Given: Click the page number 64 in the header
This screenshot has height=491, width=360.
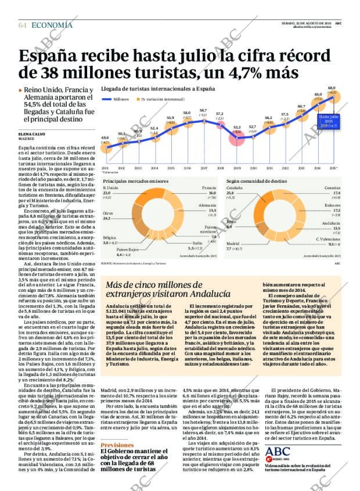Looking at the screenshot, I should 23,26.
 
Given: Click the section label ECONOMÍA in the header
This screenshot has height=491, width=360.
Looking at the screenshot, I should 52,25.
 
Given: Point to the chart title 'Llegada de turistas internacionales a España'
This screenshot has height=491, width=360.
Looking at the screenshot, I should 158,89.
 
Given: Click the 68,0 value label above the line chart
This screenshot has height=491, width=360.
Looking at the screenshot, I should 332,88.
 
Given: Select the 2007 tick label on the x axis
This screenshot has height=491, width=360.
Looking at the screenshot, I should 204,168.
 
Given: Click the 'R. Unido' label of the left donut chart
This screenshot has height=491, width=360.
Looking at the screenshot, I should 110,188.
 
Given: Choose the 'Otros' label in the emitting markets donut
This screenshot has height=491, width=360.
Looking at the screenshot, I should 107,214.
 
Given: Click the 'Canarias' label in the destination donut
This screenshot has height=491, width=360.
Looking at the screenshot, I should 333,188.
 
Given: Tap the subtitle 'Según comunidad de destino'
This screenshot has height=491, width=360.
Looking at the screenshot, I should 251,181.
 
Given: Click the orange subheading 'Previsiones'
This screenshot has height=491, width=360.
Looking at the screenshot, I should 117,445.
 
